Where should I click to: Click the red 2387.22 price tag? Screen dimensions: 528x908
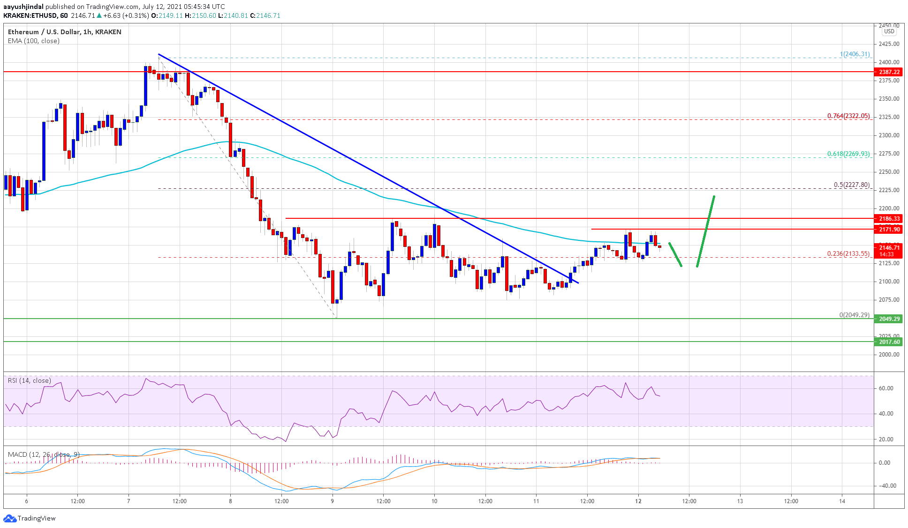tap(889, 72)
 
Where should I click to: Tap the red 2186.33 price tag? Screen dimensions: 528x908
tap(889, 219)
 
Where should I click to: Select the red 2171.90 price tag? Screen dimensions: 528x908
tap(889, 229)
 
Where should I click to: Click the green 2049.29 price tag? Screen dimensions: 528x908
tap(889, 319)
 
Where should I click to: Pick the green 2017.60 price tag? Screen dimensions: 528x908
tap(889, 342)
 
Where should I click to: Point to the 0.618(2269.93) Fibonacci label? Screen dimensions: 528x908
tap(848, 154)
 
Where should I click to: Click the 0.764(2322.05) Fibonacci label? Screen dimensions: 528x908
tap(848, 116)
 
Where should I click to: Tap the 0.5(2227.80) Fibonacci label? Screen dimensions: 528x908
tap(851, 185)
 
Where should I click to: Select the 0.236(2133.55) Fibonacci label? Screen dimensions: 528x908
tap(848, 254)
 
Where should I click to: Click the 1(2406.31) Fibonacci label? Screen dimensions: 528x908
tap(855, 54)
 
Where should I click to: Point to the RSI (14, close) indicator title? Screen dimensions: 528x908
tap(30, 380)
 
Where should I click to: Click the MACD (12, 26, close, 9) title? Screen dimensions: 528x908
tap(44, 454)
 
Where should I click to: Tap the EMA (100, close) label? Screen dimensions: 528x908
tap(34, 41)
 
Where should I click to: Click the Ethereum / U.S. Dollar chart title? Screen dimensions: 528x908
tap(64, 32)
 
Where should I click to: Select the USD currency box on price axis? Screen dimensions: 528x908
tap(889, 31)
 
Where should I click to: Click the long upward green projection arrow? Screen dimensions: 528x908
tap(706, 231)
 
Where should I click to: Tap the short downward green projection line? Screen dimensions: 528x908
tap(675, 254)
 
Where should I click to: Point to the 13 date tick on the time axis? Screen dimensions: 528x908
tap(740, 501)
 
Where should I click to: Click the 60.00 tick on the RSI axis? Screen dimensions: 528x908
tap(885, 388)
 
